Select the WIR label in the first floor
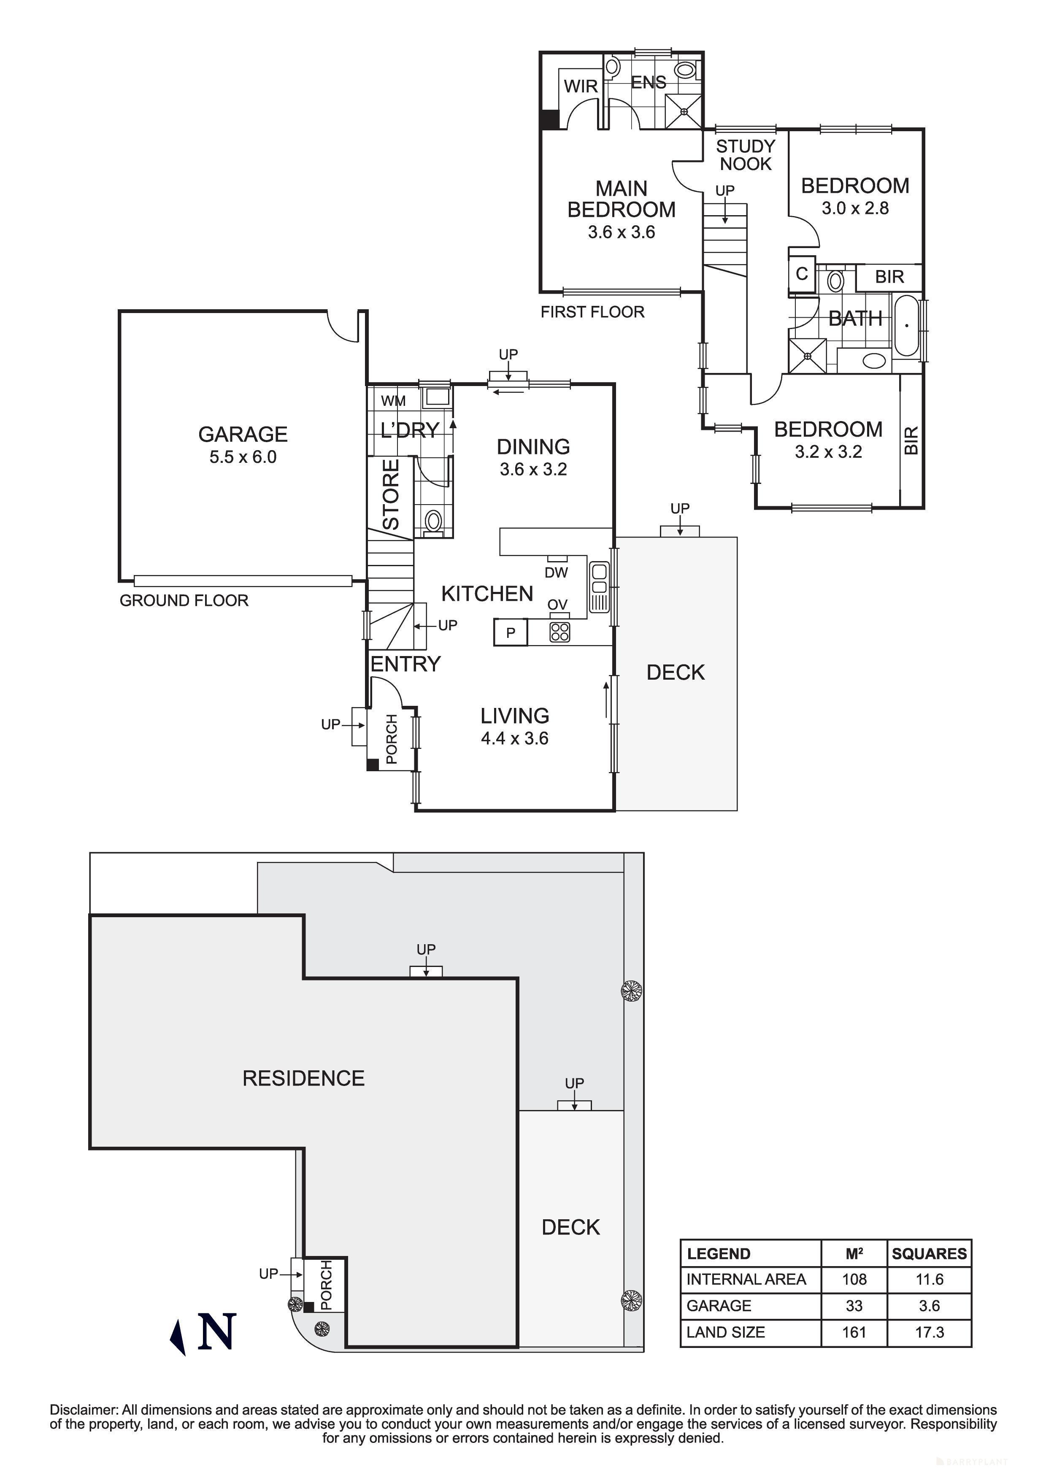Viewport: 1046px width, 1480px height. pos(581,86)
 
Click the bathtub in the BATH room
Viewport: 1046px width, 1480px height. pos(906,326)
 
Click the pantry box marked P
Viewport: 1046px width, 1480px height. pos(511,632)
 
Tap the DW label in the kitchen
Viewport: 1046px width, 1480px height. pos(556,573)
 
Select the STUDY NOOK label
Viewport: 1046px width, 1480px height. pos(745,155)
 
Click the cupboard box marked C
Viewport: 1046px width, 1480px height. pos(802,274)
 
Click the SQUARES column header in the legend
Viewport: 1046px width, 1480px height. pos(929,1254)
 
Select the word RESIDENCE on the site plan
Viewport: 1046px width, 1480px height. pos(303,1078)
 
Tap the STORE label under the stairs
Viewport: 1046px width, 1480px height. pos(391,494)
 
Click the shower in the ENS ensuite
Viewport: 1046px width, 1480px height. pos(684,111)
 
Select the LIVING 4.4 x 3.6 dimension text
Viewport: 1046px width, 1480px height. pos(514,739)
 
